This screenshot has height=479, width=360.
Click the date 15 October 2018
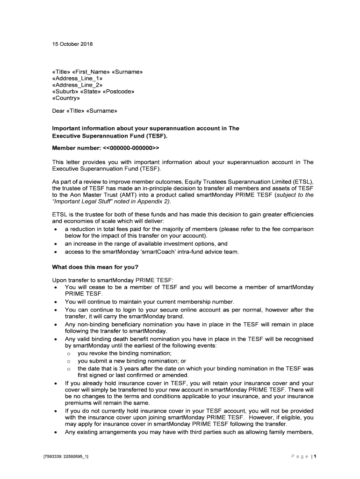[x=72, y=44]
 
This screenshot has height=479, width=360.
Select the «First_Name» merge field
[x=95, y=72]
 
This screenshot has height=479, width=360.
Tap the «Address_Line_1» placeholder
[x=77, y=79]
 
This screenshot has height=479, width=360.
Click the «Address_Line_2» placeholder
[x=77, y=85]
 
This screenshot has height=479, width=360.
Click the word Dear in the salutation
[x=58, y=111]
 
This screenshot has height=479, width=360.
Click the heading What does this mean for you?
[x=95, y=267]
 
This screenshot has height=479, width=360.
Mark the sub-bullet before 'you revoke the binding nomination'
[x=68, y=354]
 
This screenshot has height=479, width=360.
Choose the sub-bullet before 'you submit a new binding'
[x=68, y=361]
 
